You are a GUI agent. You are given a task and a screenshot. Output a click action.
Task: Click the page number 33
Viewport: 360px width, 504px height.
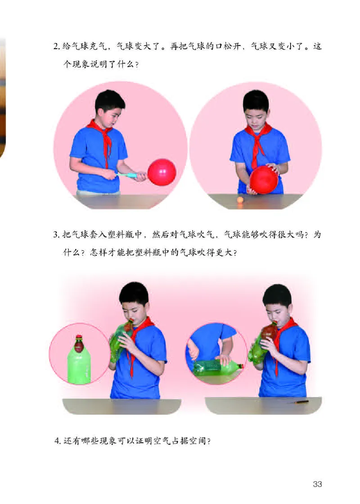click(x=318, y=484)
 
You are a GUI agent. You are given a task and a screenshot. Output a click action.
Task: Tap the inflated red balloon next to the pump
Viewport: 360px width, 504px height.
click(x=162, y=172)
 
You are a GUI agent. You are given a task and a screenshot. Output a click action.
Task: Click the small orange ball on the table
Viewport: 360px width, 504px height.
click(x=240, y=200)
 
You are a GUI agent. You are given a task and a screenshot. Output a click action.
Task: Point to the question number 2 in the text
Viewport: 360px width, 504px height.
click(x=56, y=47)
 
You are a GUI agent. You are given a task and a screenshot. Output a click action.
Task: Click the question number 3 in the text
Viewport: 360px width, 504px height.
click(x=56, y=235)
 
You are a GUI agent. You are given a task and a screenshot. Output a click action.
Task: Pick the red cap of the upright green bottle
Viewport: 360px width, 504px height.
click(x=79, y=337)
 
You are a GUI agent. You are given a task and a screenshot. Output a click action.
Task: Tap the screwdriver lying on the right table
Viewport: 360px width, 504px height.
click(x=299, y=401)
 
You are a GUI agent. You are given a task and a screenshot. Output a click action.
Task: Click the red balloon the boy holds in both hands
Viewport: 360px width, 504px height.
click(x=264, y=179)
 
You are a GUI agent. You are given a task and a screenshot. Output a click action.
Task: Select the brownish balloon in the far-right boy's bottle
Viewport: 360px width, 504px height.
click(x=270, y=332)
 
